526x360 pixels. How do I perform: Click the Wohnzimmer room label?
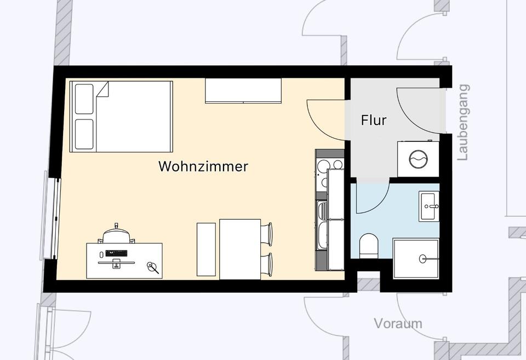203,166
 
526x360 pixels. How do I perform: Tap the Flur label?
374,120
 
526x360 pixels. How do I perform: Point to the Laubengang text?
464,122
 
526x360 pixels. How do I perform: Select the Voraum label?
398,323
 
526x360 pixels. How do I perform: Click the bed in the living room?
122,116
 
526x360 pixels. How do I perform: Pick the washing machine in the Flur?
418,159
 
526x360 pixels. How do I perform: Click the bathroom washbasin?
429,207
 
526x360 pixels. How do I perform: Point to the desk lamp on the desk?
152,267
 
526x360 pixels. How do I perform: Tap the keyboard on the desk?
117,253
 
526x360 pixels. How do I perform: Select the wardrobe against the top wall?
243,90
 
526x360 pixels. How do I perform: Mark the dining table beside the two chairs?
240,249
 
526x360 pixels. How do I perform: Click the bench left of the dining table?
207,249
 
